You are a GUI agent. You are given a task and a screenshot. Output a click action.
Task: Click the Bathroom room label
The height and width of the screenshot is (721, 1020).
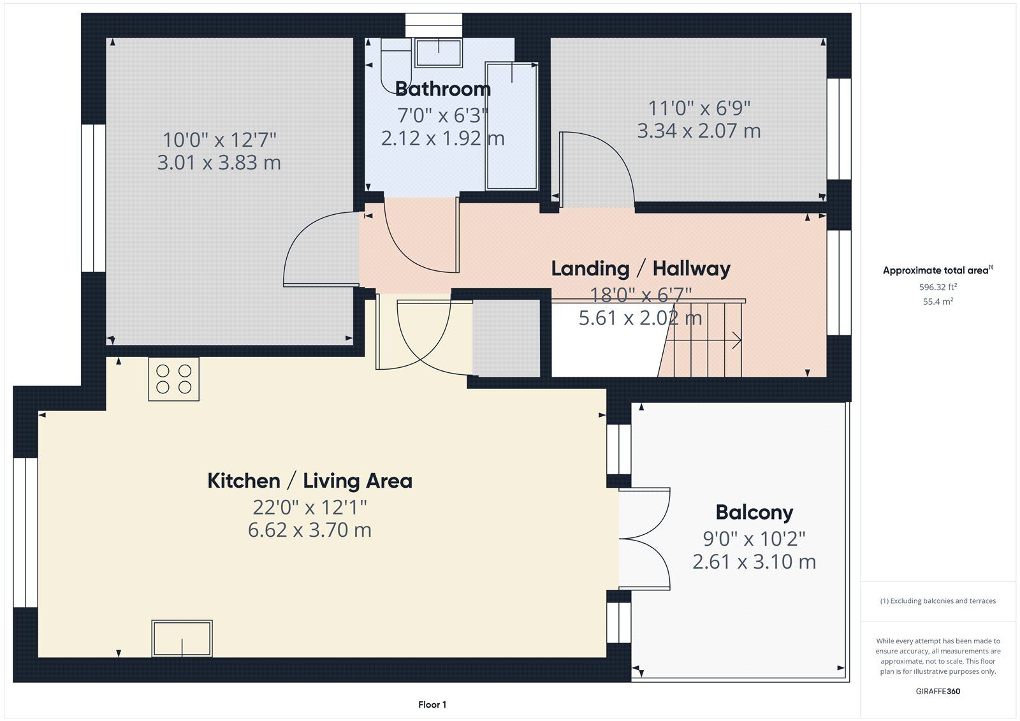tap(442, 89)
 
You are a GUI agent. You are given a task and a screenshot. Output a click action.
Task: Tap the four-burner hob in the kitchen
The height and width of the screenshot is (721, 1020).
tap(173, 379)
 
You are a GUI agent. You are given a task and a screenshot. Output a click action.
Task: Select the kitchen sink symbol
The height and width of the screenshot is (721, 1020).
tap(182, 638)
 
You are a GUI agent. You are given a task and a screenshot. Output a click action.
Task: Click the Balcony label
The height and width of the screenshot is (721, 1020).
tap(754, 513)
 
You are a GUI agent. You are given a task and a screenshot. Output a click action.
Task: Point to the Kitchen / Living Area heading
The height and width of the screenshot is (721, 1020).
tap(310, 481)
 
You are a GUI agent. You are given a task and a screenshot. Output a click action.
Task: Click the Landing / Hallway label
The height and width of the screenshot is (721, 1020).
tap(641, 269)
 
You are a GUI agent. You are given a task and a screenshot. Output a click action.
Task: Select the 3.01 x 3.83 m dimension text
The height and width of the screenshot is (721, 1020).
tap(219, 163)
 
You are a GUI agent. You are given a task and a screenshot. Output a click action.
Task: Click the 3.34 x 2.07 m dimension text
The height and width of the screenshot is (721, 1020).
tap(699, 131)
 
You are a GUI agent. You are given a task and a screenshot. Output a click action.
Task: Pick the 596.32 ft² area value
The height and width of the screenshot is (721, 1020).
tap(938, 287)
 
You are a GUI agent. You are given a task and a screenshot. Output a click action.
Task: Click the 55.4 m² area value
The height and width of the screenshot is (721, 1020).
tap(938, 301)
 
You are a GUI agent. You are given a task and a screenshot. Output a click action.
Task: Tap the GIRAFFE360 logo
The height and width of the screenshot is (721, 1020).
tap(938, 691)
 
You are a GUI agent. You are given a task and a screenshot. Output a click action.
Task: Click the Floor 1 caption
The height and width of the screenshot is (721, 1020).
tap(432, 704)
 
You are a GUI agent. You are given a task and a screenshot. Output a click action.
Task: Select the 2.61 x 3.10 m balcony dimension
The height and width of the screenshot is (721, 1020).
tap(754, 562)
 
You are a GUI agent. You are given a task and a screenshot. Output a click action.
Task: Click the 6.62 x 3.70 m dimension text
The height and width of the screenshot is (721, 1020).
tap(310, 530)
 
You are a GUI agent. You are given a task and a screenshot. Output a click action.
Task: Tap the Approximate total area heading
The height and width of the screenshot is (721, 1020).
tap(938, 270)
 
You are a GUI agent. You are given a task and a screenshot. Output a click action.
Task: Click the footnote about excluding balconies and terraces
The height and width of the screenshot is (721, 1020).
tap(938, 601)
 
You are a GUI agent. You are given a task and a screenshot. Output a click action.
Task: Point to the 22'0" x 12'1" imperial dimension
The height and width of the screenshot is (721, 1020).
tap(310, 507)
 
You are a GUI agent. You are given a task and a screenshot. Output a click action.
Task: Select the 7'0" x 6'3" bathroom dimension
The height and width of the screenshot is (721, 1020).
tap(442, 115)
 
